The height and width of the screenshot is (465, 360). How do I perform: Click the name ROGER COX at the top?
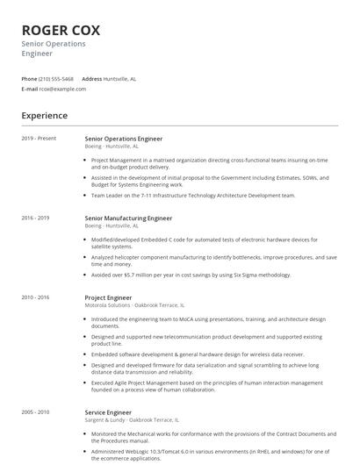pos(61,30)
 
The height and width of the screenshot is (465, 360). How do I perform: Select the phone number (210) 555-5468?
pos(57,78)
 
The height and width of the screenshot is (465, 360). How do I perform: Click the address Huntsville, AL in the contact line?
pos(120,78)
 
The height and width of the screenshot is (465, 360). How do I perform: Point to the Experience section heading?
pos(44,115)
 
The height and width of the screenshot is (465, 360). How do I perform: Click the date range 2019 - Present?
pos(39,138)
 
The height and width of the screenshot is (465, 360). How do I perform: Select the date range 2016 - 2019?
pos(35,218)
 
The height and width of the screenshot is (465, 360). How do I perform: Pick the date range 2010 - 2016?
pos(35,297)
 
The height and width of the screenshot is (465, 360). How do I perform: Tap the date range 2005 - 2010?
pos(35,411)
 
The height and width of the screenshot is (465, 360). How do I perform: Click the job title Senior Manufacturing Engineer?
pos(128,218)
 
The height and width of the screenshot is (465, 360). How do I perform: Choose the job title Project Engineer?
pos(108,297)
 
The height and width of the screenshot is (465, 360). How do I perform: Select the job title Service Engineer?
pos(108,411)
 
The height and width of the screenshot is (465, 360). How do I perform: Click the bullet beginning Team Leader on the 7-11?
pos(193,195)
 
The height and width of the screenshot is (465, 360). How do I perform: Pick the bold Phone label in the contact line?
pos(29,78)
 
